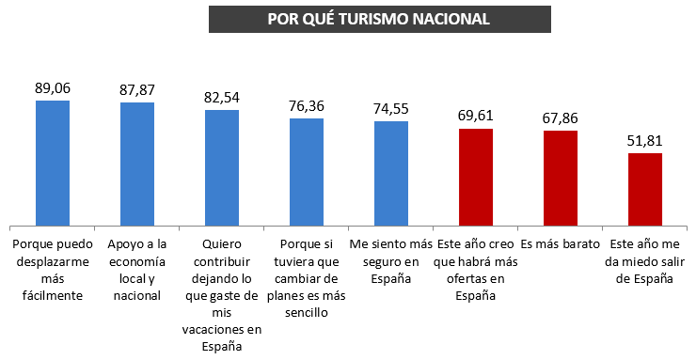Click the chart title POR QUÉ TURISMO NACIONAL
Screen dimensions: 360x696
pyautogui.click(x=379, y=19)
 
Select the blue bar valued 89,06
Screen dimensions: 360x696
pyautogui.click(x=53, y=162)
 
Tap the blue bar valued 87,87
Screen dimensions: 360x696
pyautogui.click(x=137, y=164)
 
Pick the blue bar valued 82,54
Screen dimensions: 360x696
pyautogui.click(x=222, y=167)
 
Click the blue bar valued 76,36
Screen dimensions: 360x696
pyautogui.click(x=307, y=171)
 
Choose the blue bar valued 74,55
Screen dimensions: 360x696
pyautogui.click(x=391, y=173)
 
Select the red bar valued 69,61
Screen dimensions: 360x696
pyautogui.click(x=476, y=176)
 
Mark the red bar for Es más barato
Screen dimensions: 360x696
pyautogui.click(x=561, y=178)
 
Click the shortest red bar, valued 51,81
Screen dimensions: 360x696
pyautogui.click(x=645, y=188)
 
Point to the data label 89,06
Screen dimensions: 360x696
pyautogui.click(x=53, y=87)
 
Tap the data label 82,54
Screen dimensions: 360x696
pyautogui.click(x=222, y=98)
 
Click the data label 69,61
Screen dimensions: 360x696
pyautogui.click(x=476, y=117)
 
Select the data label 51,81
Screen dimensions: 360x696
pyautogui.click(x=645, y=141)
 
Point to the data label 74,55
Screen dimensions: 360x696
pyautogui.click(x=391, y=109)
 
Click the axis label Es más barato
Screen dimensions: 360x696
pyautogui.click(x=561, y=243)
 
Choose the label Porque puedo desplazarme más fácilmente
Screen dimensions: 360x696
pyautogui.click(x=53, y=269)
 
